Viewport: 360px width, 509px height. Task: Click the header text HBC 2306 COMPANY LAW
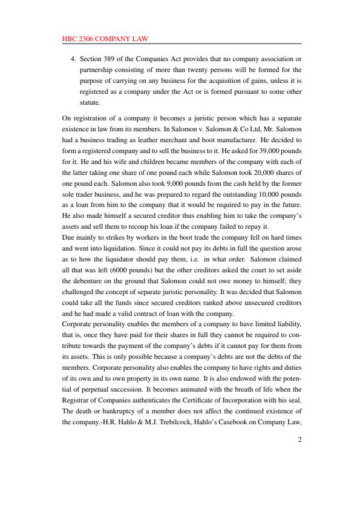[105, 39]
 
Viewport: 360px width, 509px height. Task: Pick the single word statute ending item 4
[90, 103]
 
